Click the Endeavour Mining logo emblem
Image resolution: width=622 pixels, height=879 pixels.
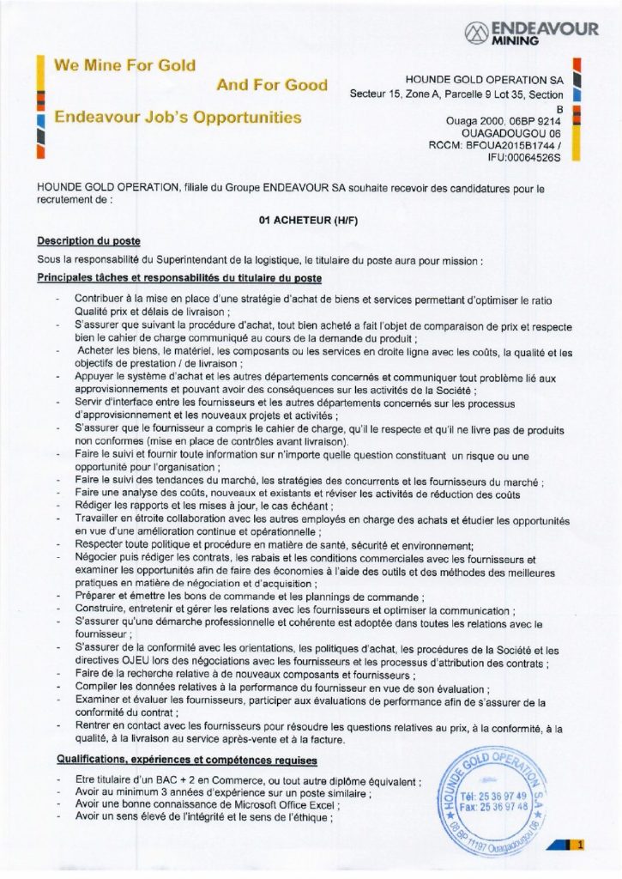(475, 33)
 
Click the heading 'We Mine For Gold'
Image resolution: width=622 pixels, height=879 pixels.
(125, 64)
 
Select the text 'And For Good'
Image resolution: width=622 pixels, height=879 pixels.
(272, 84)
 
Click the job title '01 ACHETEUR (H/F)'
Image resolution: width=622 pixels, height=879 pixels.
(311, 220)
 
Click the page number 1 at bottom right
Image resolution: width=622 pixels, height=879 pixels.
(581, 846)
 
